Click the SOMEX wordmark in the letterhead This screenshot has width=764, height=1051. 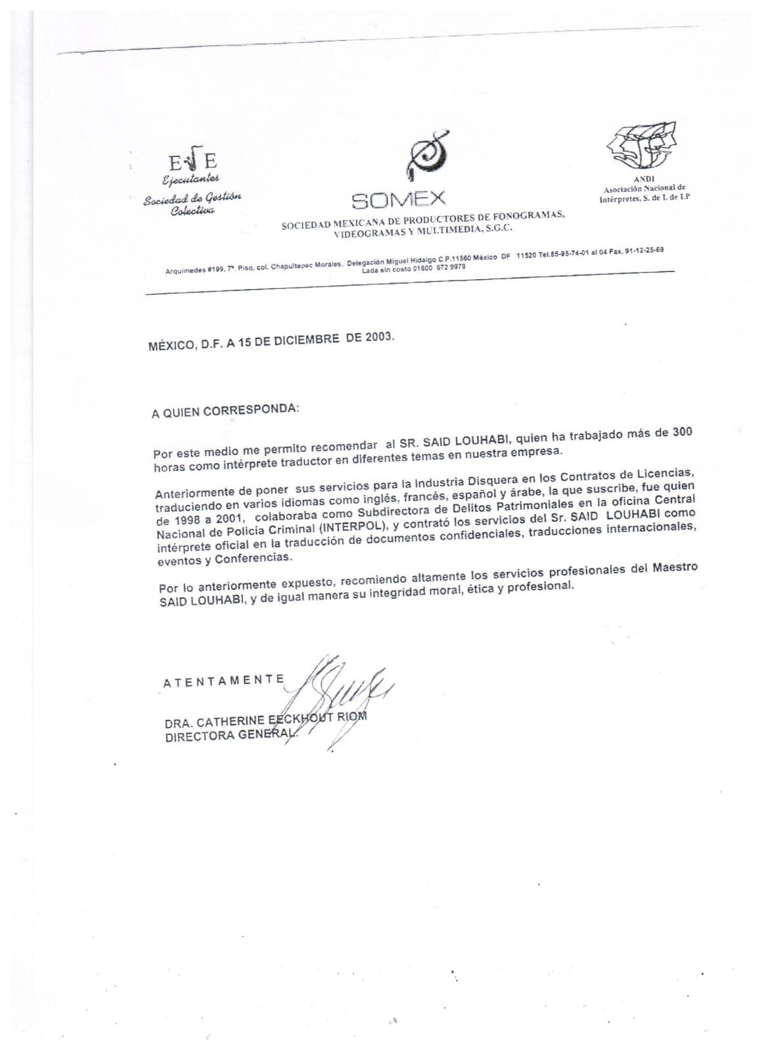coord(399,198)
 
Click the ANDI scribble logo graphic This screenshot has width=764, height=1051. coord(642,145)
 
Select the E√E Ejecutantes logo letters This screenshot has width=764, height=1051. coord(192,161)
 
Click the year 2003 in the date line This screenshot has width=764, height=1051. coord(378,337)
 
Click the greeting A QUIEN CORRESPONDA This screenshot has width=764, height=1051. coord(225,411)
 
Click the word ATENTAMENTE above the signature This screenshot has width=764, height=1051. coord(223,681)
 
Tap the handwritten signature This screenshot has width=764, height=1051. coord(342,696)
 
